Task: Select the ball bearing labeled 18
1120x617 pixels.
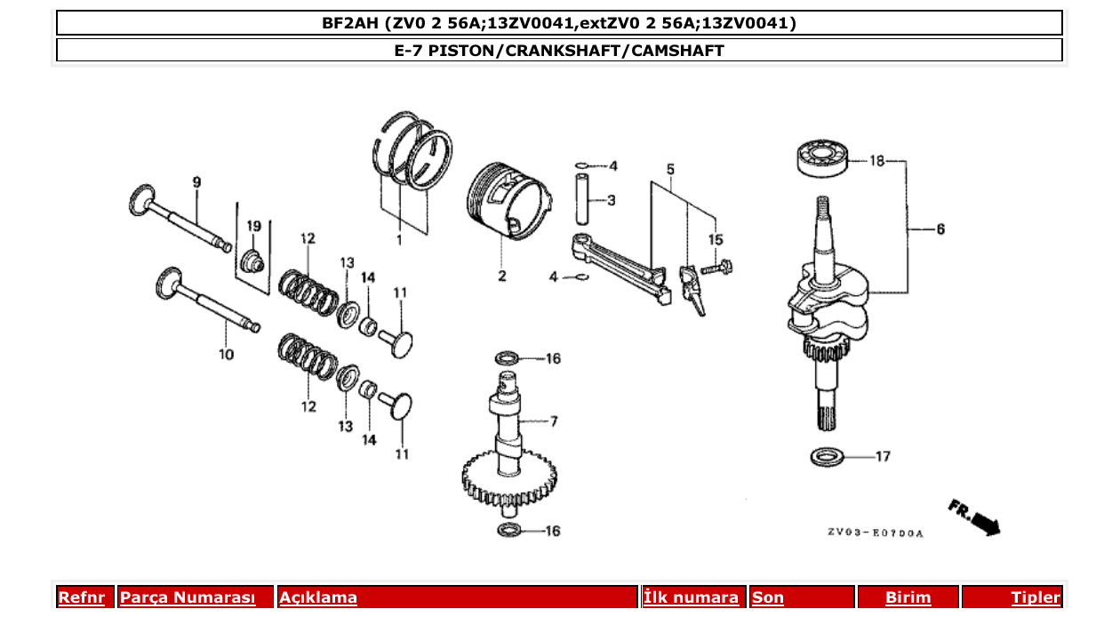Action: click(x=823, y=158)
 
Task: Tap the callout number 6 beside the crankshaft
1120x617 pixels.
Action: click(x=940, y=229)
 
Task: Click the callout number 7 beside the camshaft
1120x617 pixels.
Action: click(x=553, y=420)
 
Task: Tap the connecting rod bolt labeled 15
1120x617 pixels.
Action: click(x=715, y=266)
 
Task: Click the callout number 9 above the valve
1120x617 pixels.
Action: click(x=196, y=182)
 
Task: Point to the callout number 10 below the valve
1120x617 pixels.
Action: click(x=226, y=354)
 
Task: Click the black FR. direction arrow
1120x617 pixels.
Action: click(x=985, y=523)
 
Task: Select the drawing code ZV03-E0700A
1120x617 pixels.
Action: click(x=876, y=533)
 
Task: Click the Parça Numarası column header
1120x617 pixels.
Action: click(x=188, y=597)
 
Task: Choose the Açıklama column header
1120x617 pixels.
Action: click(x=318, y=597)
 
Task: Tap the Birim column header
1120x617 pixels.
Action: click(x=908, y=597)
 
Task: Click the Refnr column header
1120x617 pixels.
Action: click(x=81, y=597)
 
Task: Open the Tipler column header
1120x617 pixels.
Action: click(x=1035, y=597)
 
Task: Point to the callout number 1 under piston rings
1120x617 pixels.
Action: click(x=399, y=240)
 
